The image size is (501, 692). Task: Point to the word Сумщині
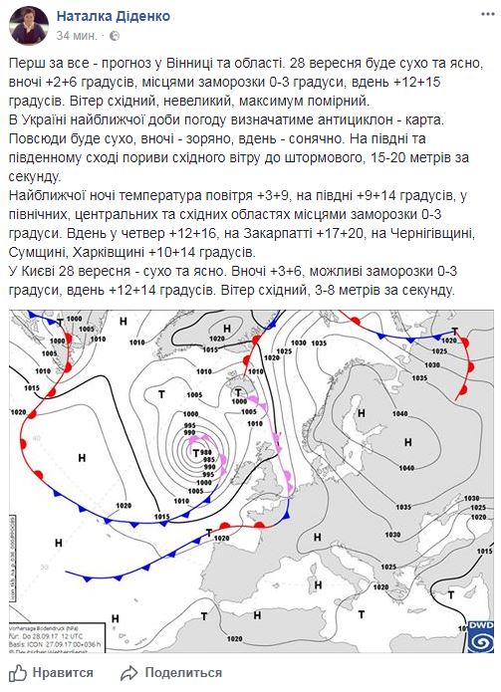47,254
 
